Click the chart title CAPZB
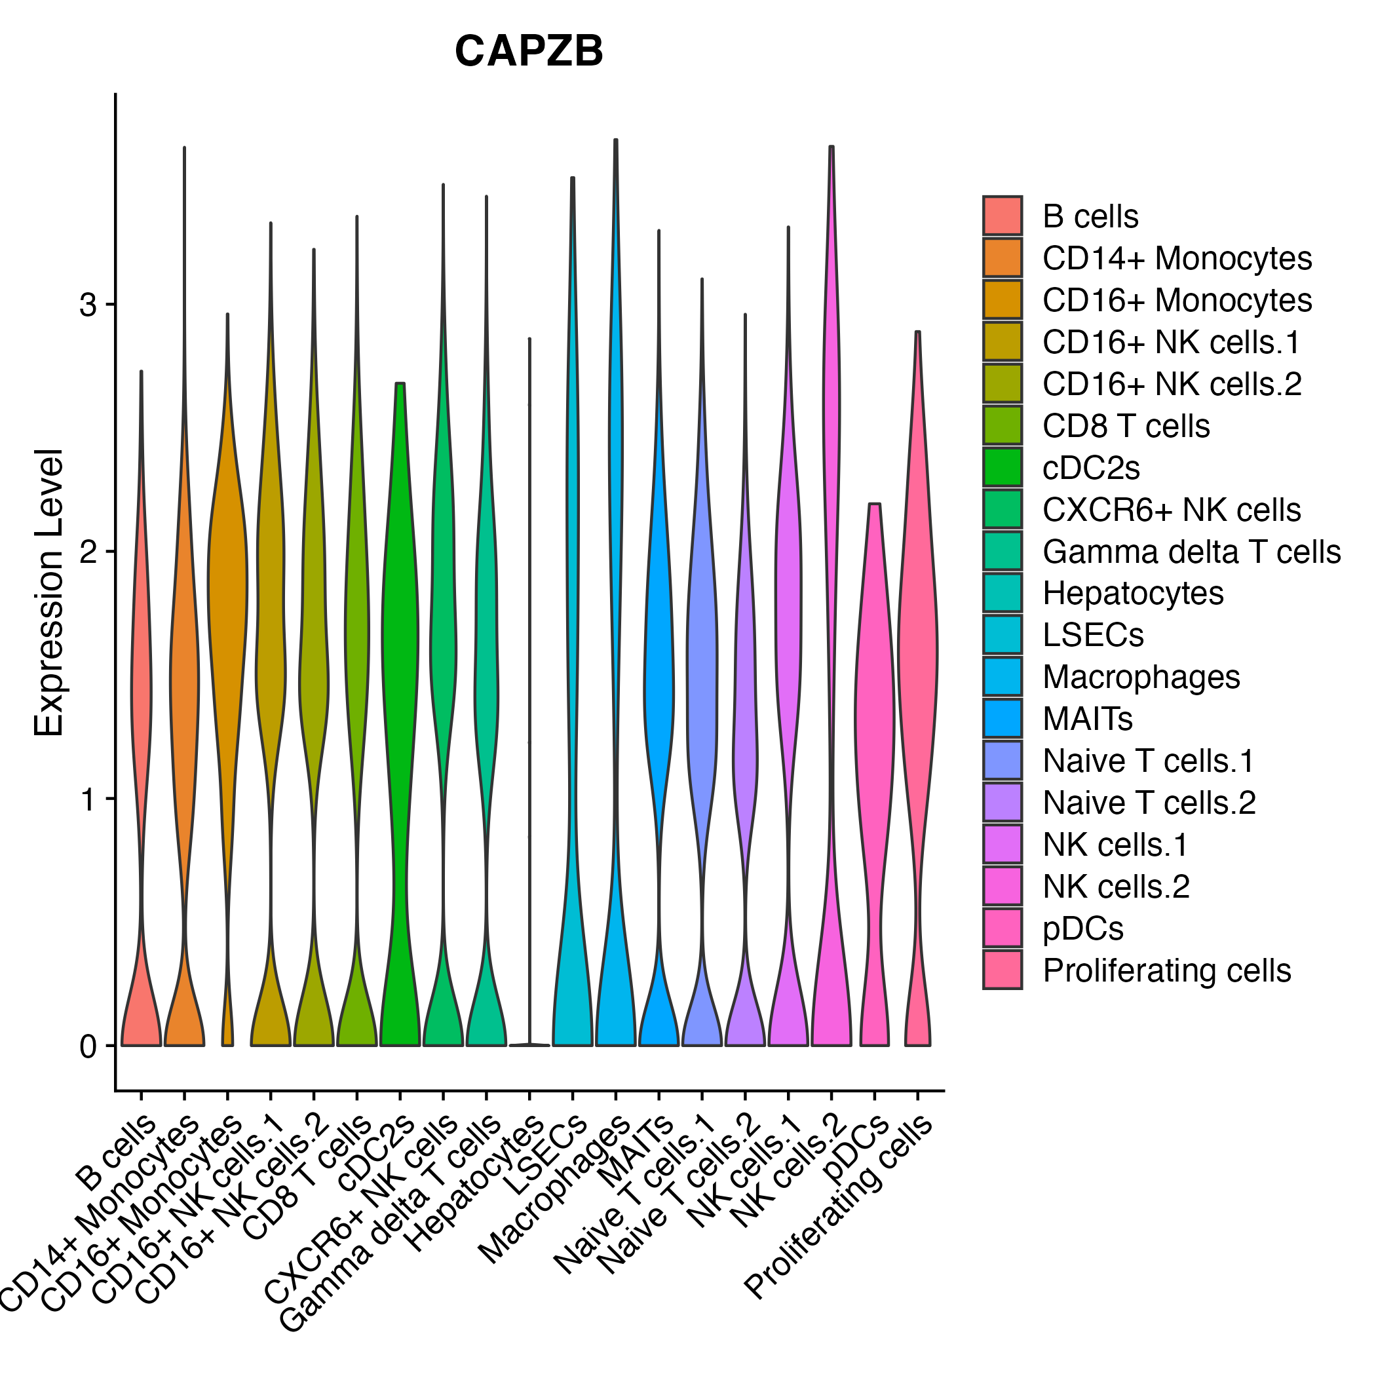coord(529,51)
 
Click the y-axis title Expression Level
coord(49,592)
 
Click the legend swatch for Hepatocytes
coord(1002,593)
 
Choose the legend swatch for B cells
coord(1002,216)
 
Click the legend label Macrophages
coord(1141,678)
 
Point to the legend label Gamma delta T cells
coord(1191,552)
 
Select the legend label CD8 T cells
coord(1126,426)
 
